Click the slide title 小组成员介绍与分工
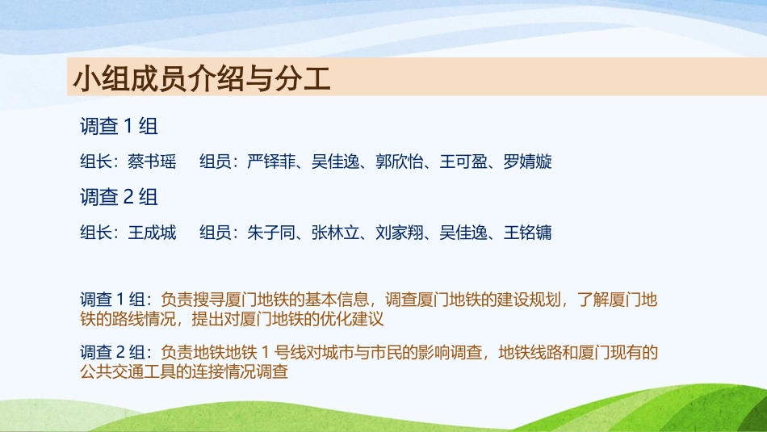tap(202, 78)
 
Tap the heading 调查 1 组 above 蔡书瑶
tap(119, 126)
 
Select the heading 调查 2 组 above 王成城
tap(119, 197)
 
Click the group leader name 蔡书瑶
tap(152, 161)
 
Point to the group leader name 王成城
tap(152, 233)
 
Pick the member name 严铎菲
tap(271, 161)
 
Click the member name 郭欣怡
tap(399, 161)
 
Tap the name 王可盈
tap(463, 161)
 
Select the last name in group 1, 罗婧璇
tap(528, 161)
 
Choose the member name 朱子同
tap(271, 233)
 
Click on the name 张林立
tap(335, 233)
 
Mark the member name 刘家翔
tap(399, 233)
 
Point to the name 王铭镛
tap(528, 233)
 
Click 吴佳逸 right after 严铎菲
tap(335, 161)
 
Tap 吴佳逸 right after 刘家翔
tap(463, 233)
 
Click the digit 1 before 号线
tap(266, 352)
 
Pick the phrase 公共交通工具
tap(128, 371)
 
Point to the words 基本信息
tap(337, 300)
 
